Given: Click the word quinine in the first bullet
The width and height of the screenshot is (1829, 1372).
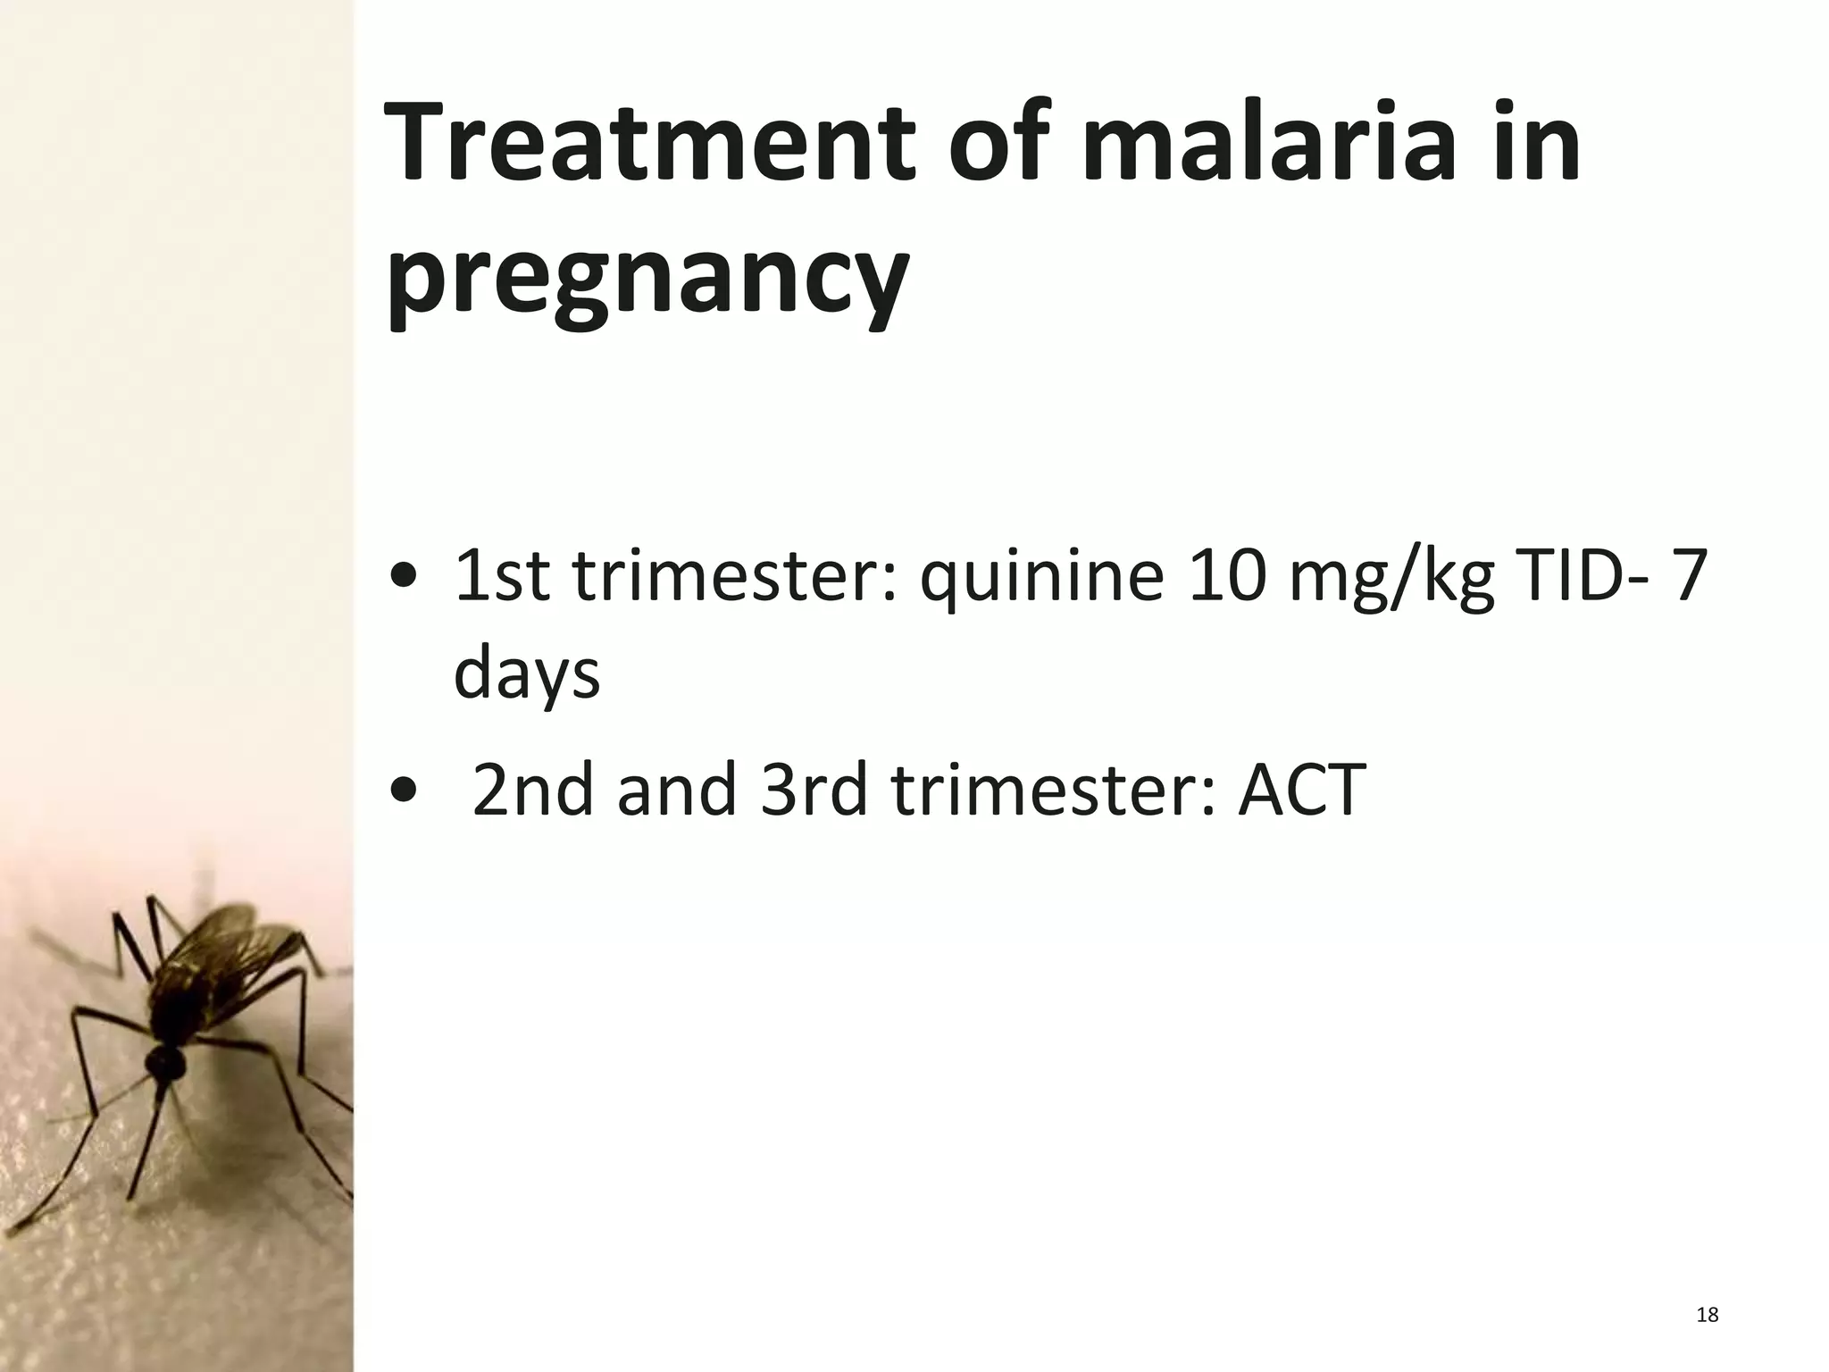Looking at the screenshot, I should click(x=1042, y=576).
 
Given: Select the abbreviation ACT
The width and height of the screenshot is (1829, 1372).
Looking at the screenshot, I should click(x=1301, y=790).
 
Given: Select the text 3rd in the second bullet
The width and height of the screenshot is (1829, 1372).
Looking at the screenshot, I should click(x=814, y=790).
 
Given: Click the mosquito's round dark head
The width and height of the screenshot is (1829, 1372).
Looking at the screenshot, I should click(x=166, y=1062).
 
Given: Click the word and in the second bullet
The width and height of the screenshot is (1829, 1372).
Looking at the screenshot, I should click(x=676, y=790).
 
